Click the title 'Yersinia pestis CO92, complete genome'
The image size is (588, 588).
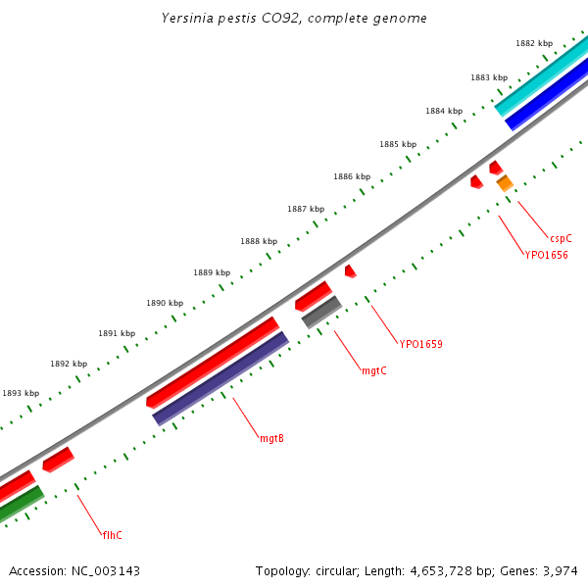coord(294,19)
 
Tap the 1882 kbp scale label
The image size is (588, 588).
coord(534,43)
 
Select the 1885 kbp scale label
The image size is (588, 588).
coord(398,144)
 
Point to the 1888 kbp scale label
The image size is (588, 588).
coord(259,241)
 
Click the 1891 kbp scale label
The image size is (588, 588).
coord(117,333)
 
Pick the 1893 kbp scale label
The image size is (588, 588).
coord(21,393)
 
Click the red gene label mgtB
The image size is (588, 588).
coord(271,438)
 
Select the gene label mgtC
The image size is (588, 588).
coord(373,370)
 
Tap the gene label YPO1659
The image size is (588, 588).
coord(420,344)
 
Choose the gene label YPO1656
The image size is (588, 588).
coord(545,255)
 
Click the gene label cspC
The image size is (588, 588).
coord(561,238)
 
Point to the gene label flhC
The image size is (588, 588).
coord(113,535)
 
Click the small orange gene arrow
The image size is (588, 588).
coord(505,183)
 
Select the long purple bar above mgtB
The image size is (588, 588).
coord(220,378)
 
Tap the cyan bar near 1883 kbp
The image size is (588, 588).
coord(541,77)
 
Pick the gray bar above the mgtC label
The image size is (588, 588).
coord(320,312)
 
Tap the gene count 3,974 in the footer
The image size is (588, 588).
coord(560,570)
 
